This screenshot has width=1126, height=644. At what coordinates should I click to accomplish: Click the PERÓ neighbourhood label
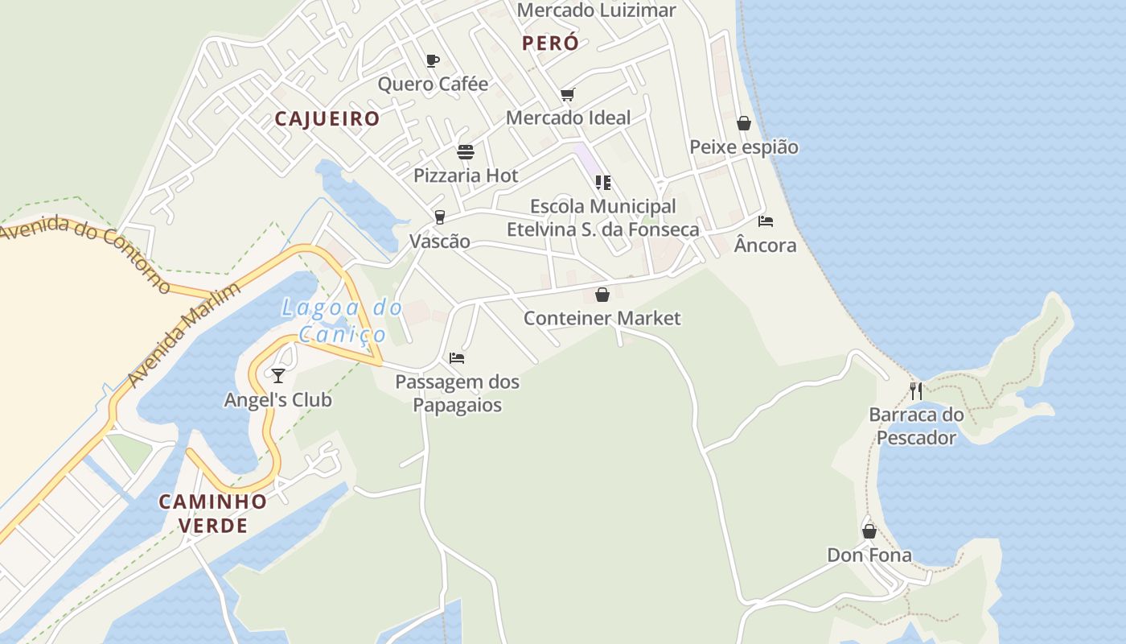pyautogui.click(x=550, y=43)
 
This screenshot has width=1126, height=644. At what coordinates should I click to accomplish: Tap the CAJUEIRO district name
pyautogui.click(x=327, y=119)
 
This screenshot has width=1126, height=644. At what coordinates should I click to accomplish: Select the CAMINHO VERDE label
pyautogui.click(x=212, y=513)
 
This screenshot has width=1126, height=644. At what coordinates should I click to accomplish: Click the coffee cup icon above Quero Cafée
pyautogui.click(x=433, y=61)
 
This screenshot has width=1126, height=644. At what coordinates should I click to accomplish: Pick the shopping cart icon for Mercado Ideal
pyautogui.click(x=568, y=95)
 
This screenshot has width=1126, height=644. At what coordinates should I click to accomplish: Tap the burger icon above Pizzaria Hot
pyautogui.click(x=466, y=152)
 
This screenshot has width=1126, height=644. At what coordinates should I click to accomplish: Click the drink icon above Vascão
pyautogui.click(x=439, y=217)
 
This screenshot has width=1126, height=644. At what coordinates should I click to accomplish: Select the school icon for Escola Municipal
pyautogui.click(x=603, y=183)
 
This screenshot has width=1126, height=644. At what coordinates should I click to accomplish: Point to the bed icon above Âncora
pyautogui.click(x=766, y=221)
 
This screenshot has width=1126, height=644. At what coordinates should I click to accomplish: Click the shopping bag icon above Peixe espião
pyautogui.click(x=744, y=123)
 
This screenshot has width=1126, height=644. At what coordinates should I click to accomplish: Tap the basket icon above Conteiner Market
pyautogui.click(x=602, y=295)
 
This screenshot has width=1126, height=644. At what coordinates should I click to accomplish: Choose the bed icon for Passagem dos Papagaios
pyautogui.click(x=457, y=358)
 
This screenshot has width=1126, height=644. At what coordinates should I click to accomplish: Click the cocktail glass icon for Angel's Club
pyautogui.click(x=278, y=376)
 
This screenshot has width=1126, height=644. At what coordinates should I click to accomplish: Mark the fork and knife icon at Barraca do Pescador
pyautogui.click(x=916, y=391)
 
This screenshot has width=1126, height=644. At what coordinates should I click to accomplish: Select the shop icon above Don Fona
pyautogui.click(x=869, y=531)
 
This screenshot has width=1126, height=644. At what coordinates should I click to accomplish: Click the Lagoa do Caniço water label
pyautogui.click(x=342, y=320)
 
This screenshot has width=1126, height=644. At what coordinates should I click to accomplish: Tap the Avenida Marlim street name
pyautogui.click(x=184, y=333)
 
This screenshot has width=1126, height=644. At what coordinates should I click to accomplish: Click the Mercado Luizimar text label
pyautogui.click(x=596, y=10)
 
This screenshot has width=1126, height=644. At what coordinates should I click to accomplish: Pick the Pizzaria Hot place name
pyautogui.click(x=466, y=175)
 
